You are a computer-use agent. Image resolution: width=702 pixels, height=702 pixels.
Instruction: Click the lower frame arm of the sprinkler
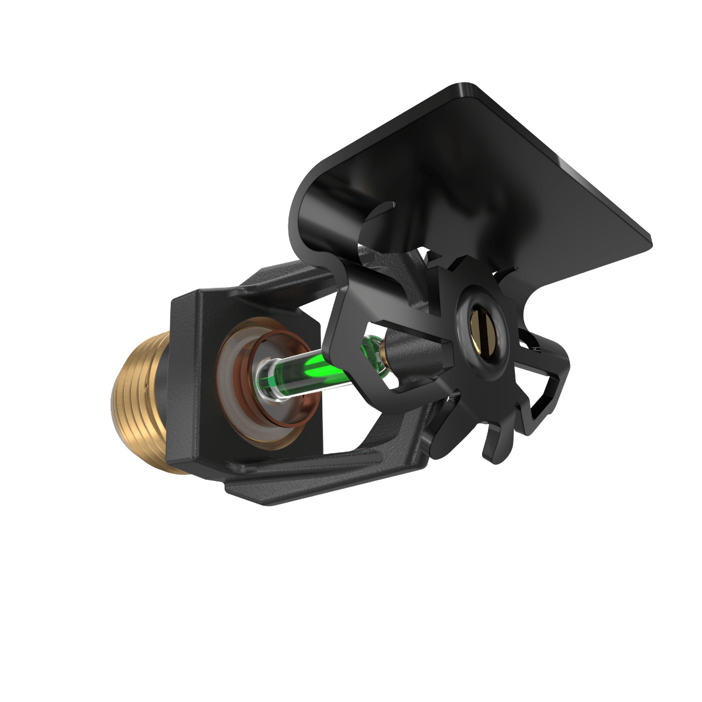click(328, 462)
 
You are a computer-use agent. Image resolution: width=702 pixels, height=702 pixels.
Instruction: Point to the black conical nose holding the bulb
click(409, 351)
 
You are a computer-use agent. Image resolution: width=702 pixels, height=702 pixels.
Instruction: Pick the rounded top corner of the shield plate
click(462, 91)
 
